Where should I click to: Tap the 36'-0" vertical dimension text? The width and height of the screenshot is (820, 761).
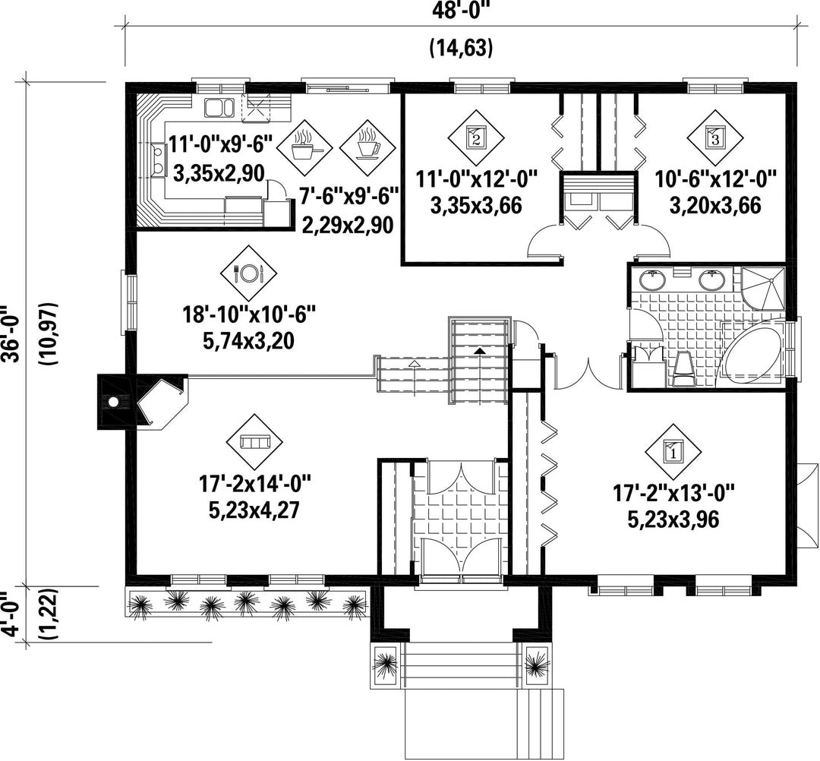(x=11, y=333)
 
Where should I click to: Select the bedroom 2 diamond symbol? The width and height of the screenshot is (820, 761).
(x=476, y=137)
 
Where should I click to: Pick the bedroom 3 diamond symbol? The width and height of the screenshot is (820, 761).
(x=715, y=137)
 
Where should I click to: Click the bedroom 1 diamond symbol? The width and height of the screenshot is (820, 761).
(x=673, y=451)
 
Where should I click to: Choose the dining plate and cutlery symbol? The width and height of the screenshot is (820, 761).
(x=248, y=272)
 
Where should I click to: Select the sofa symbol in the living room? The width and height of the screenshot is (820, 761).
(x=254, y=442)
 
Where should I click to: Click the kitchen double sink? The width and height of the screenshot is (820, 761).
(x=219, y=108)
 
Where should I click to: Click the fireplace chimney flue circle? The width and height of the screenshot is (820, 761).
(x=113, y=403)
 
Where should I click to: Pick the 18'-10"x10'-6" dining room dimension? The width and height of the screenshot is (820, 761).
(x=250, y=315)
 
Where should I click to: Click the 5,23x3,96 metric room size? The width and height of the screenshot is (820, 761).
(x=673, y=519)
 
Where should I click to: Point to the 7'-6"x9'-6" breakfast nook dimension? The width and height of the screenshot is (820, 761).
(x=348, y=198)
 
